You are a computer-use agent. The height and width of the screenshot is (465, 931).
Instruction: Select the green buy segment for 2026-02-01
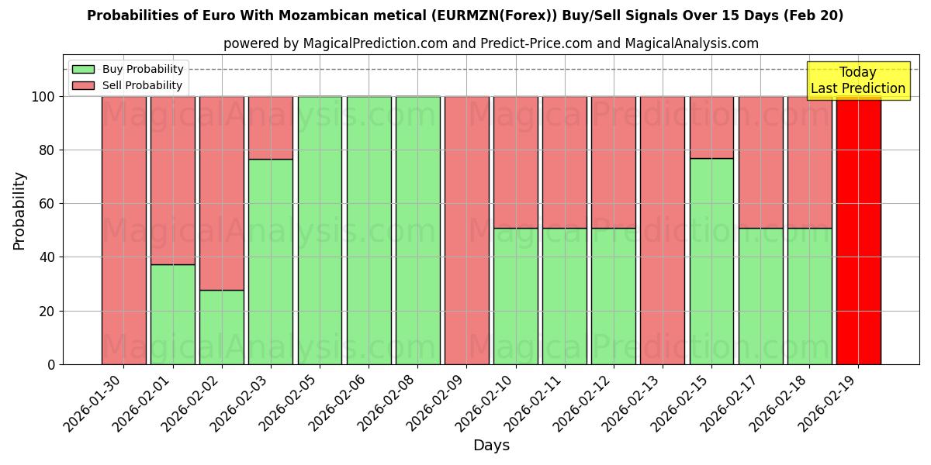pyautogui.click(x=172, y=314)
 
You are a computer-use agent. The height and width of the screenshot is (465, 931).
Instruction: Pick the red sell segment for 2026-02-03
pyautogui.click(x=271, y=128)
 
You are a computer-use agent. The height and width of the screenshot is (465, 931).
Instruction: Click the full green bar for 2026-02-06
pyautogui.click(x=369, y=230)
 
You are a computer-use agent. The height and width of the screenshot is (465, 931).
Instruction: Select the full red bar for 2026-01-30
pyautogui.click(x=123, y=230)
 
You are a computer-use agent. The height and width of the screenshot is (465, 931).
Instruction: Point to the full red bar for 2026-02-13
pyautogui.click(x=663, y=230)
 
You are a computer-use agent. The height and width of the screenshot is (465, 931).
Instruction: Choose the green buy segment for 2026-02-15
pyautogui.click(x=711, y=261)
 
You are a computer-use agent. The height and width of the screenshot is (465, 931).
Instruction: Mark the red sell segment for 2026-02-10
pyautogui.click(x=516, y=162)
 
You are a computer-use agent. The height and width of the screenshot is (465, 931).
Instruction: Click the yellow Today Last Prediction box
pyautogui.click(x=857, y=81)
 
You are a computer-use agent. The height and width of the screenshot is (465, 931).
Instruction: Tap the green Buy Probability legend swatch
pyautogui.click(x=83, y=69)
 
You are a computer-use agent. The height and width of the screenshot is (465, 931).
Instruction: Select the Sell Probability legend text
pyautogui.click(x=142, y=85)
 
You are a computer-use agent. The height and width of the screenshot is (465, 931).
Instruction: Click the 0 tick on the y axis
pyautogui.click(x=51, y=364)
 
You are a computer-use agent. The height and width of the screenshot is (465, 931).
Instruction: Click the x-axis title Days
pyautogui.click(x=491, y=446)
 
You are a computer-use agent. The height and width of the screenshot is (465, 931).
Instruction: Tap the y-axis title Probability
pyautogui.click(x=19, y=210)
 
